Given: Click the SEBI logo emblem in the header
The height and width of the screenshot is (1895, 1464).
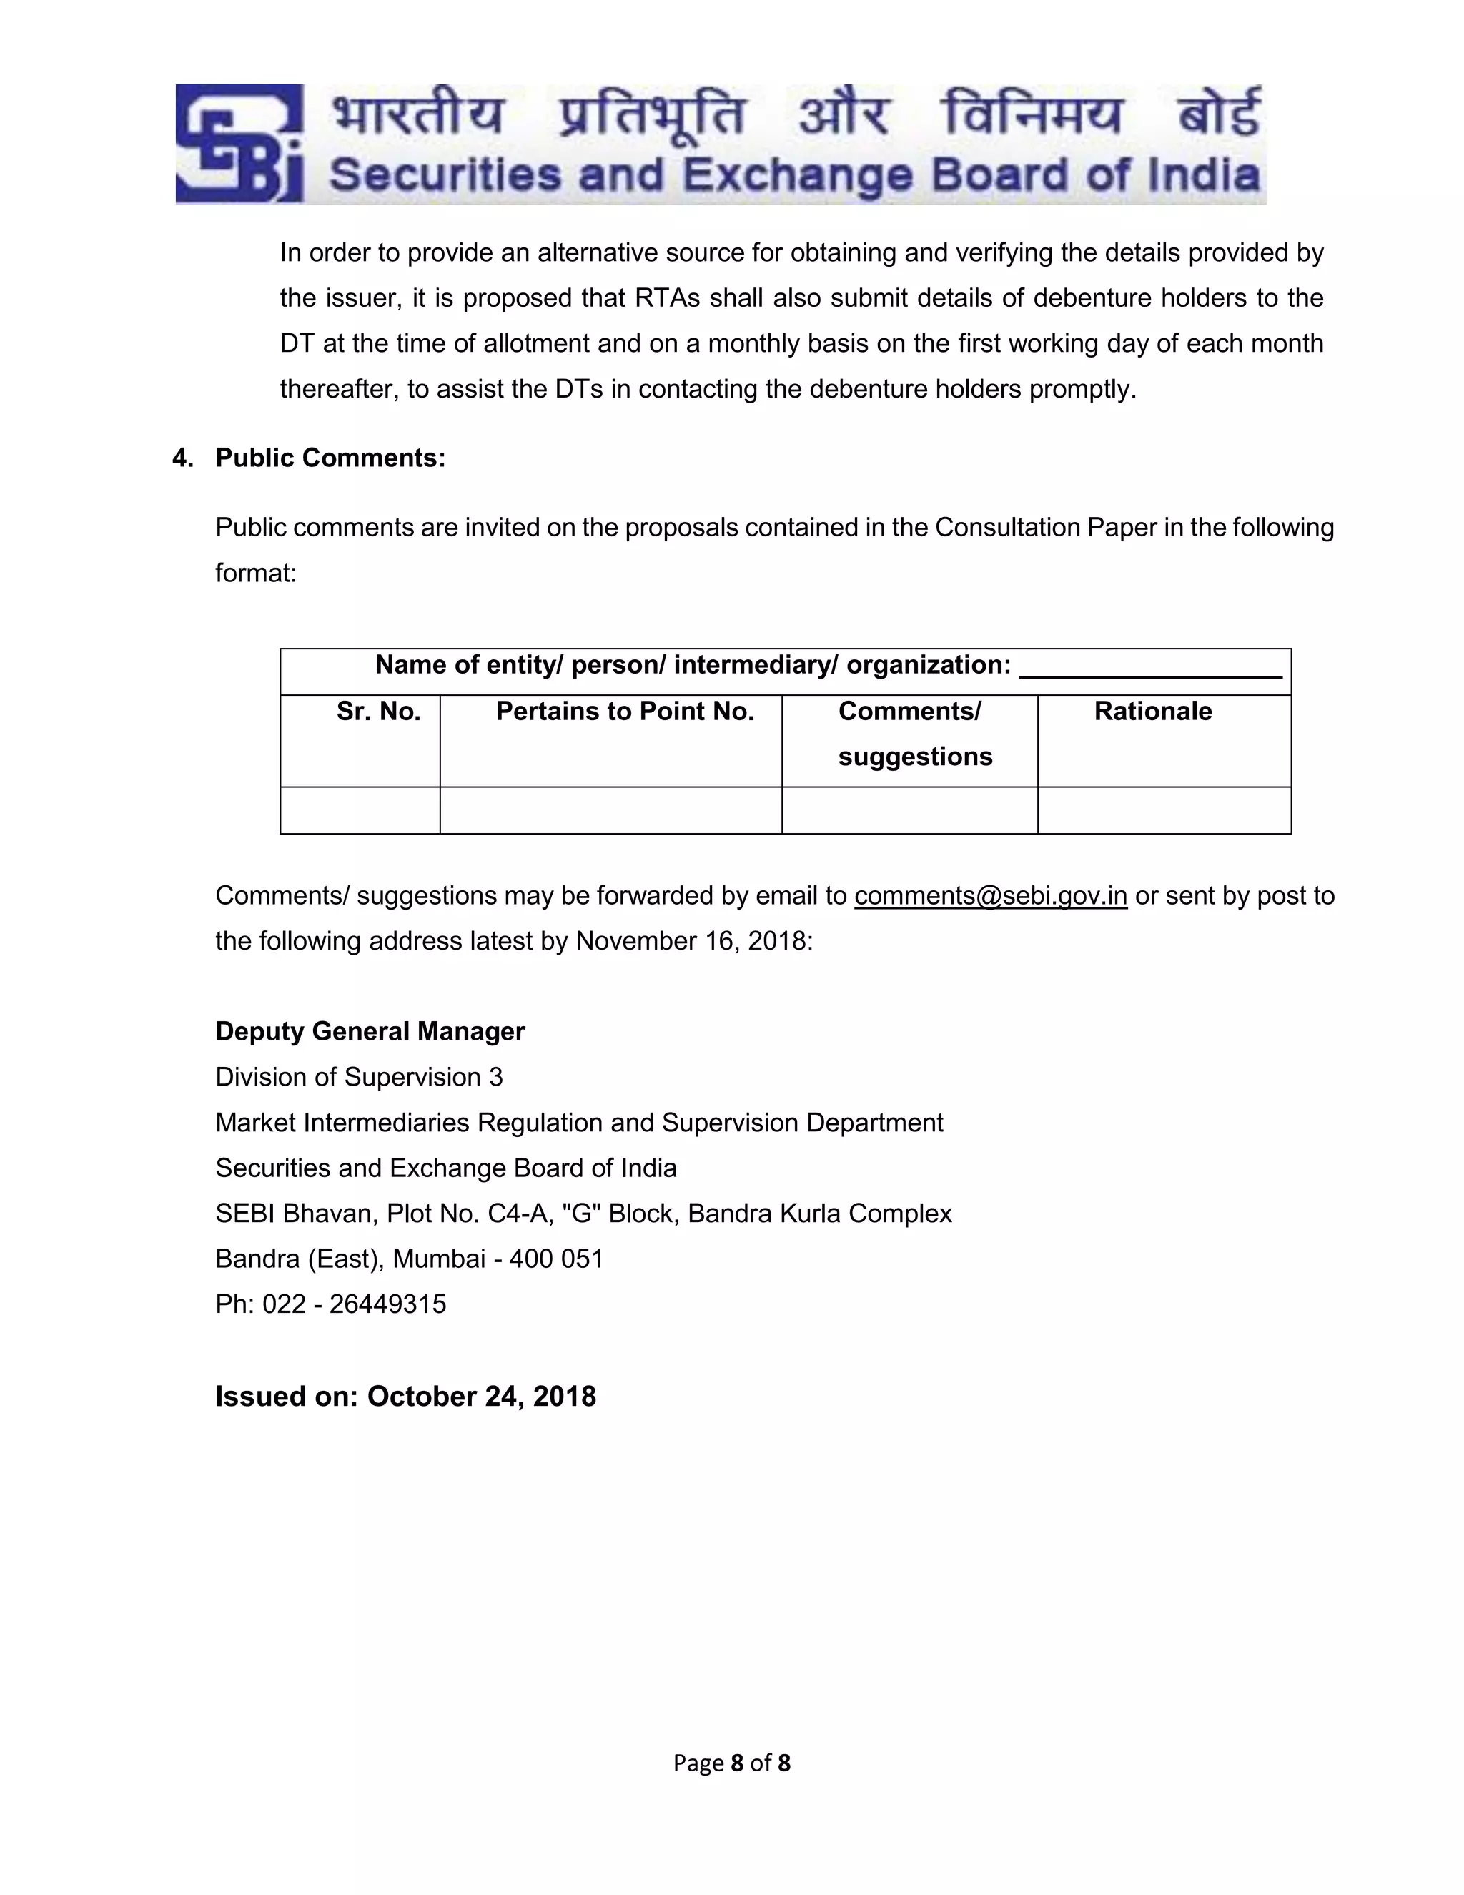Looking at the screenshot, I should point(239,143).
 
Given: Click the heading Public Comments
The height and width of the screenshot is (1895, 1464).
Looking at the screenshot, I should point(330,458).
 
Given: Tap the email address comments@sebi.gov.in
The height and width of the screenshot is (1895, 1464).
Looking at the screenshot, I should point(991,895).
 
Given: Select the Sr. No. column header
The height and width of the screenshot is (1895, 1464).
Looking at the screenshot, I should point(378,712).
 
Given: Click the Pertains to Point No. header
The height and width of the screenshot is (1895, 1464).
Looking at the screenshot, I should point(625,712).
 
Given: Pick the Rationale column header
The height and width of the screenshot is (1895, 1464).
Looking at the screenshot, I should point(1152,712).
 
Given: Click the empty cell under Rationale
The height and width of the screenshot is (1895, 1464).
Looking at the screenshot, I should point(1164,810).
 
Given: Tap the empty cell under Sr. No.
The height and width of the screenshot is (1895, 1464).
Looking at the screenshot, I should point(360,810).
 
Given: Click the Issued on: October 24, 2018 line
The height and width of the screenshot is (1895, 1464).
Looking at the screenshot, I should point(405,1396).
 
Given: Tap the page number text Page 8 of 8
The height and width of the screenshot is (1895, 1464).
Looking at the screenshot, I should point(731,1763).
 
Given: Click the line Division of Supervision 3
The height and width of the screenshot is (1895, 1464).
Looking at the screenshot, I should point(358,1077).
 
